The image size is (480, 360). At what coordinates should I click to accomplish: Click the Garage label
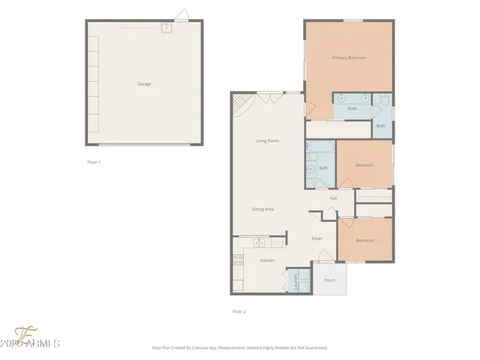point(144,84)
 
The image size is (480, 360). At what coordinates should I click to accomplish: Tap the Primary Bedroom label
point(349,58)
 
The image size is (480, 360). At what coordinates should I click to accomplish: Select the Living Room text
point(267,140)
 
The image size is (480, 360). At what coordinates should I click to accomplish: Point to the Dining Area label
point(262,209)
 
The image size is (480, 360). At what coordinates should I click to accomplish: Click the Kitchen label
point(266,260)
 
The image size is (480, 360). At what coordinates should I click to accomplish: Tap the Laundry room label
point(295,280)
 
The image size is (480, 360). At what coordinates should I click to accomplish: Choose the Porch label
point(329,280)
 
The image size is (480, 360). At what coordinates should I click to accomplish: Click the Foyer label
point(317,238)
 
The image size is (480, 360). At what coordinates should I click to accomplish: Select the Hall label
point(333,198)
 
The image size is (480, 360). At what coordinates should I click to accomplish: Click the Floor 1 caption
point(94,162)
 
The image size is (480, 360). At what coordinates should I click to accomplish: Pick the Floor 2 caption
point(238,311)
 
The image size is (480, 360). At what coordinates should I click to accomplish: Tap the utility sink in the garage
point(166,28)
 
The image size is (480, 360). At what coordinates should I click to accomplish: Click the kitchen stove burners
point(238,260)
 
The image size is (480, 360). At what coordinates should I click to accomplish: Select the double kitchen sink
point(259,242)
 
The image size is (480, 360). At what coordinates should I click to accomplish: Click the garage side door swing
point(181,15)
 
